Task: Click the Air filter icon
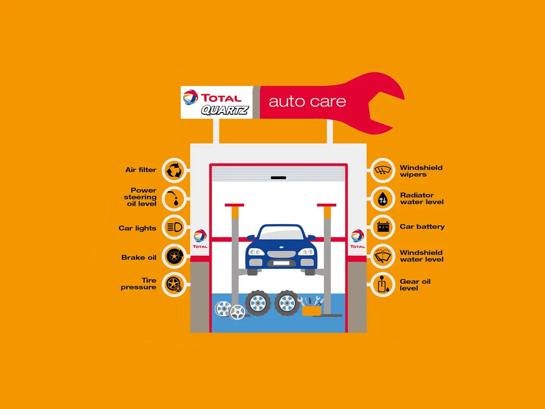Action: click(x=174, y=171)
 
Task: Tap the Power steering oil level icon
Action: click(x=174, y=199)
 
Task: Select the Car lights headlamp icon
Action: click(x=174, y=227)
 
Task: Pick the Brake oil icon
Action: click(x=174, y=256)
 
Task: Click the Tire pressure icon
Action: click(x=174, y=284)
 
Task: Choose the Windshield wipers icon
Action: click(x=383, y=171)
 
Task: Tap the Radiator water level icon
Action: click(x=383, y=199)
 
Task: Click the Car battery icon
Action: click(x=383, y=227)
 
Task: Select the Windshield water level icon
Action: click(x=383, y=256)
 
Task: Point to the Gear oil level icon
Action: click(x=383, y=284)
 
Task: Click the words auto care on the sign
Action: click(x=307, y=102)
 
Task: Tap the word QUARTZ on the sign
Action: click(x=224, y=110)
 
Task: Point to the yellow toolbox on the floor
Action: click(x=311, y=311)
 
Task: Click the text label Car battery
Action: click(x=422, y=227)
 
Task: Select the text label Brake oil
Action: click(x=139, y=258)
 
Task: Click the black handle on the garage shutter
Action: click(x=278, y=178)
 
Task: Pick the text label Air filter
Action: click(x=141, y=170)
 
